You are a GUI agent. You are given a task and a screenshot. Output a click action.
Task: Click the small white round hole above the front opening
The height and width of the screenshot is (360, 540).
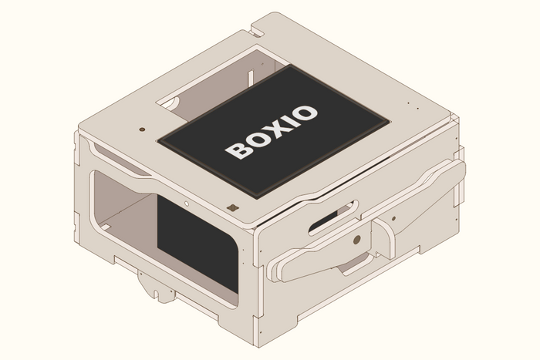coord(186,204)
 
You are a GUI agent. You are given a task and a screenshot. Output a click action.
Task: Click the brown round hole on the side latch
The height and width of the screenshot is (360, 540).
coord(357,240)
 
